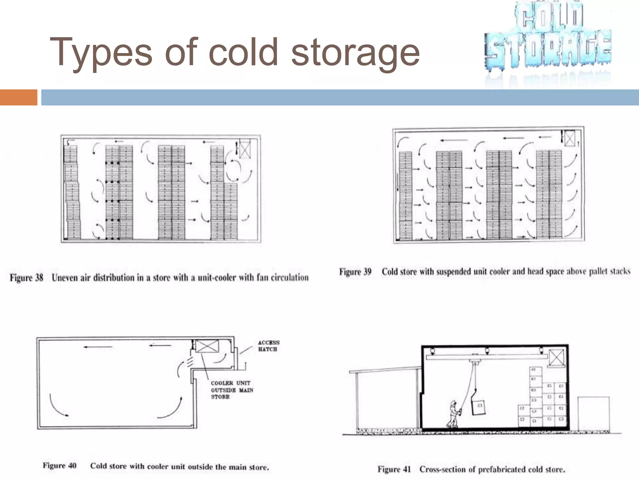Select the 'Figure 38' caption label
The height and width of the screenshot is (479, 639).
point(27,278)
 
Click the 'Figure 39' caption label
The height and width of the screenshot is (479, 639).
point(355,272)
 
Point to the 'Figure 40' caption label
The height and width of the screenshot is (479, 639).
point(59,466)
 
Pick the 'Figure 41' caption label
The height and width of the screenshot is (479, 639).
point(394,469)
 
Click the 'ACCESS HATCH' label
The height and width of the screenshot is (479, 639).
point(268,346)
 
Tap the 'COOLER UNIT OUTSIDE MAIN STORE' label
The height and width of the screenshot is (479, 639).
point(232,390)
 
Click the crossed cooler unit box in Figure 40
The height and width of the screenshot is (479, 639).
point(207,346)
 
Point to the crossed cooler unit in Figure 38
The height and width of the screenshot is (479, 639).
point(245,150)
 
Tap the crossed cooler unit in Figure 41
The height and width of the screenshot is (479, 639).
point(556,358)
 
